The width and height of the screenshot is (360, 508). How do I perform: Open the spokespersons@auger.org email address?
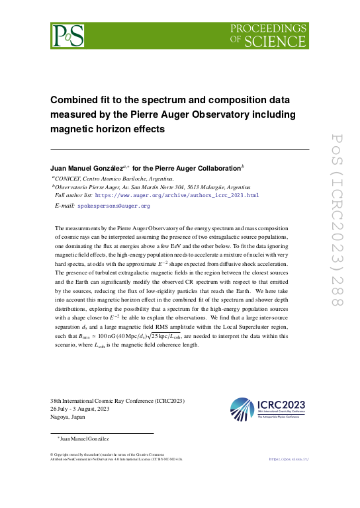click(x=113, y=206)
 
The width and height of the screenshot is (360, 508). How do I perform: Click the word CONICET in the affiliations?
click(x=68, y=179)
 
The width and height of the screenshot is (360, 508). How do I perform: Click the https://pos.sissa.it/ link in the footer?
click(x=287, y=458)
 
